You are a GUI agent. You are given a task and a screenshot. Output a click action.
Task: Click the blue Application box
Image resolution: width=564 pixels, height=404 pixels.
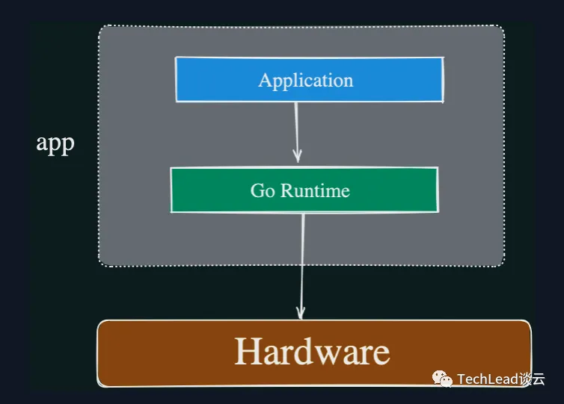click(x=310, y=80)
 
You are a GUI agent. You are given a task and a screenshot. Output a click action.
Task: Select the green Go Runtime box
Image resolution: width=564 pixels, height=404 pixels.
click(x=304, y=190)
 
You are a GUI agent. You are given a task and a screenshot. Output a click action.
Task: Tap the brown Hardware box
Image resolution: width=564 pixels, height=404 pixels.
click(x=314, y=353)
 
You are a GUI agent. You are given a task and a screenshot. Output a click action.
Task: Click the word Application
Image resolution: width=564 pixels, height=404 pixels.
click(x=306, y=81)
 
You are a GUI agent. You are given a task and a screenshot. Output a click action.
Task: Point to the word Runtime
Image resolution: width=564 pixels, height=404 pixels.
click(x=315, y=190)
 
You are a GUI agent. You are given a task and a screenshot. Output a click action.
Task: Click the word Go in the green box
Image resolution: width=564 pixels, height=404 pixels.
click(x=263, y=190)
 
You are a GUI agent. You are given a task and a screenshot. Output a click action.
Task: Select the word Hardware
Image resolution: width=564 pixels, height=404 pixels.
click(x=312, y=351)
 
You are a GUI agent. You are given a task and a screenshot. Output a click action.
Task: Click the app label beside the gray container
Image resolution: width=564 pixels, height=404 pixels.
click(x=55, y=143)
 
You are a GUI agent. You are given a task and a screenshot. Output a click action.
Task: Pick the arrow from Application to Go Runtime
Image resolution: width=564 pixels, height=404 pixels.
click(x=297, y=132)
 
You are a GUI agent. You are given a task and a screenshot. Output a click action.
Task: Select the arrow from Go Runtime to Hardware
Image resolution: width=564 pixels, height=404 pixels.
click(x=302, y=266)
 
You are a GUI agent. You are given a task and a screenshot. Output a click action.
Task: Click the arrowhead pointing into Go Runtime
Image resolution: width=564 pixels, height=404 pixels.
click(x=298, y=158)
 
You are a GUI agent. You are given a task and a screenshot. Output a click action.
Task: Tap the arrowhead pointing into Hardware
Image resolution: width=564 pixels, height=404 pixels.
click(x=301, y=313)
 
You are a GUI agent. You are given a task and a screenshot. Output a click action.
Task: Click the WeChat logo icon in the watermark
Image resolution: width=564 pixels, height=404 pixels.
click(x=442, y=379)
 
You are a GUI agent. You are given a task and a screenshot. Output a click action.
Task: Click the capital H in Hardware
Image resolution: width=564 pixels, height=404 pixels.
click(x=248, y=352)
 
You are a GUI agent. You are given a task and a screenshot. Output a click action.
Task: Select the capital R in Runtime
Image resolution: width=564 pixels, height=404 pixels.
click(x=287, y=190)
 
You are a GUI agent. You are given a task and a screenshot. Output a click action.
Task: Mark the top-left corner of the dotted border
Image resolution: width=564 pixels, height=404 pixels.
click(x=99, y=26)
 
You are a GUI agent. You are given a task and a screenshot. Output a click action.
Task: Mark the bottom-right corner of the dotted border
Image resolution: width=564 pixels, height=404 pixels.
click(x=504, y=266)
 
